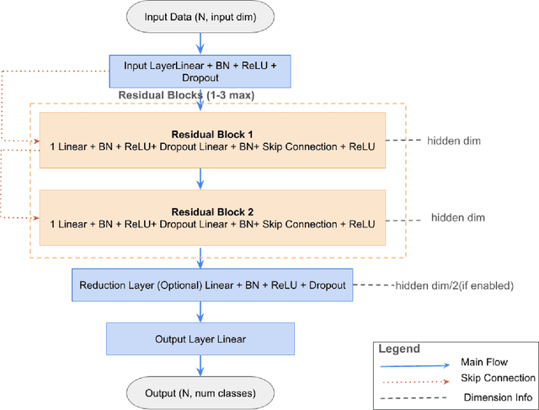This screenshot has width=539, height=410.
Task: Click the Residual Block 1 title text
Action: pos(211,134)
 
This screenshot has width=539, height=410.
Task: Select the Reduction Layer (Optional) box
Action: pos(213,285)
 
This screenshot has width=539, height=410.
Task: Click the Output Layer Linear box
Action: pos(200,339)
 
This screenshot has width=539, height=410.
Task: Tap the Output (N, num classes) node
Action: pos(200,392)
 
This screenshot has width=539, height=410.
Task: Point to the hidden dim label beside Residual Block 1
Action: pos(453,141)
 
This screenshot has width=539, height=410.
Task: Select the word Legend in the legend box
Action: pos(399,347)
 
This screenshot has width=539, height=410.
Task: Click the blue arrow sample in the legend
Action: pos(413,365)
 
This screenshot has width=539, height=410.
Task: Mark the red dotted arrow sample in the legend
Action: pos(413,381)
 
